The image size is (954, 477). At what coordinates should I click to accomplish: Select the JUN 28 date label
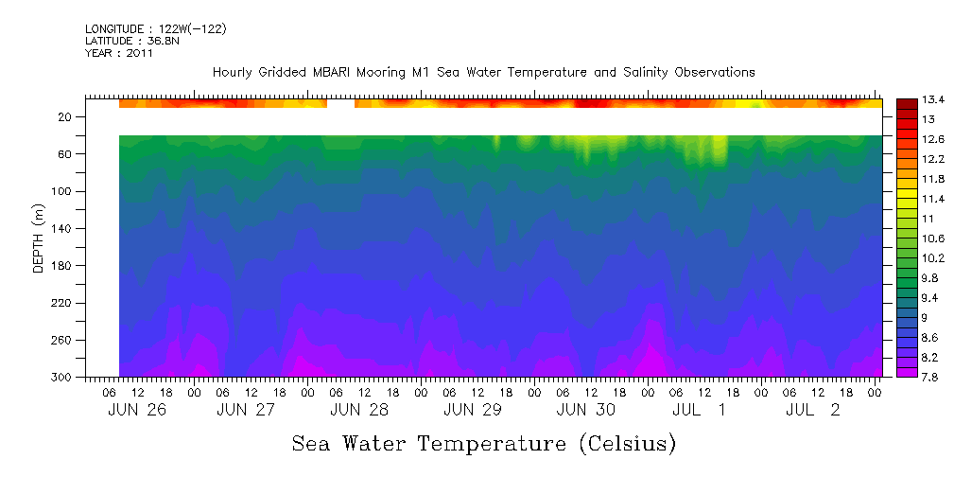point(358,410)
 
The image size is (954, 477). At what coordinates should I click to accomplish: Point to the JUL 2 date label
point(813,410)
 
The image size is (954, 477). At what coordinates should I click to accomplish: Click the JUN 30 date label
point(585,410)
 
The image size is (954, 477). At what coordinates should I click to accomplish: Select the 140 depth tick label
point(62,229)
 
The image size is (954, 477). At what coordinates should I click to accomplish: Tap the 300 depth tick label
point(62,378)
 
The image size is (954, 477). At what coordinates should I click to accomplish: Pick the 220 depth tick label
point(62,303)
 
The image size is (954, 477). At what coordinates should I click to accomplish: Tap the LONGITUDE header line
point(156,29)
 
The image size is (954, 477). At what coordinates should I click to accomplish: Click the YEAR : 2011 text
point(119,53)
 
